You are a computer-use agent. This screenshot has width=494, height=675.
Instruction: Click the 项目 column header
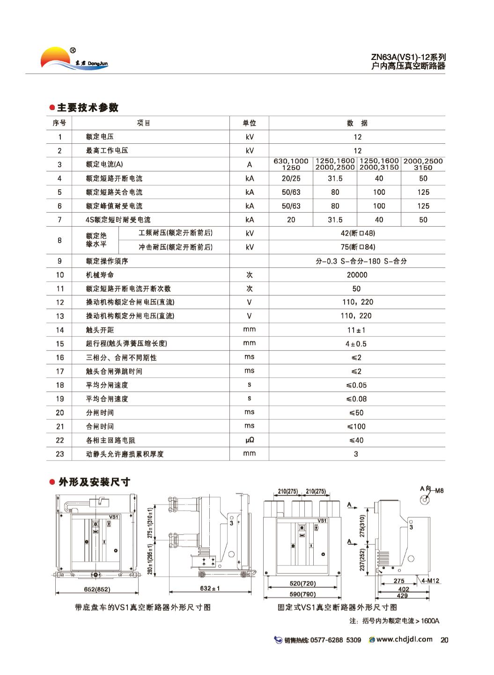coord(143,123)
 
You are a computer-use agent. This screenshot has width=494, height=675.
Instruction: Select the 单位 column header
coord(249,123)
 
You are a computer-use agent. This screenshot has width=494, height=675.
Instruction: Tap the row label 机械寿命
coord(100,275)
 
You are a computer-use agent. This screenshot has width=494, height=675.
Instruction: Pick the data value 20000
coord(357,275)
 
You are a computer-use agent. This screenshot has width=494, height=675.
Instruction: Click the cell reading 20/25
coord(291,178)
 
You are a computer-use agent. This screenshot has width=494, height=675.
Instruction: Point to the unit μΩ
coord(250,440)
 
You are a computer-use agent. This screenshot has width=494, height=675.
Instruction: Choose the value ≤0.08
coord(357,399)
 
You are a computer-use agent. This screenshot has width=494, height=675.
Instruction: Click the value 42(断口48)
coord(358,233)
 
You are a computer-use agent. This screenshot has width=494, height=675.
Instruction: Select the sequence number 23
coord(59,454)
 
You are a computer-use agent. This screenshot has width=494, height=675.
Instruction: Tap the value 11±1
coord(356,330)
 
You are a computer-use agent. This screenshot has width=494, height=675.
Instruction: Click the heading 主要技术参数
coord(88,108)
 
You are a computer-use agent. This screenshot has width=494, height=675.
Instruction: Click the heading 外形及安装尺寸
coord(94,482)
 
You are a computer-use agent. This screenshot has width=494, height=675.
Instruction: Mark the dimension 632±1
coord(209,588)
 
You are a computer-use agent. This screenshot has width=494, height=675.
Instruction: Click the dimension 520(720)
coord(302,584)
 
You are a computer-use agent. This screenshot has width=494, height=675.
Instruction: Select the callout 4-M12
coord(430,581)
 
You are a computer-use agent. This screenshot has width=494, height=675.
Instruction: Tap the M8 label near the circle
coord(439,491)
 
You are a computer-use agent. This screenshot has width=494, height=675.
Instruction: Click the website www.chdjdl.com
coord(404,639)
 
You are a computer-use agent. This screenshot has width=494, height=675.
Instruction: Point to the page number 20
coord(444,640)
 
